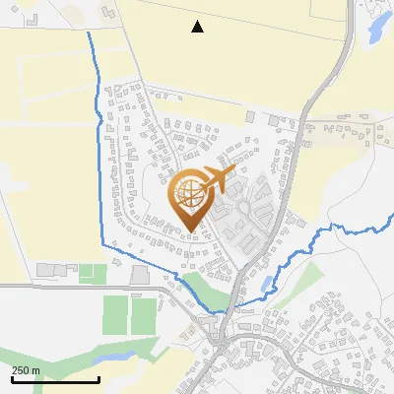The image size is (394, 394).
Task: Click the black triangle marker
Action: (x=198, y=27)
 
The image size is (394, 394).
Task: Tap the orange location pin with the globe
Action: (x=189, y=201)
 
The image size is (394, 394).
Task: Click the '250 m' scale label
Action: (x=26, y=370)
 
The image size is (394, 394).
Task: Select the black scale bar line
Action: (x=55, y=379)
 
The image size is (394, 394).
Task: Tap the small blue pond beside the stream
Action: (x=267, y=285)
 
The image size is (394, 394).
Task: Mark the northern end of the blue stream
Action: (x=89, y=33)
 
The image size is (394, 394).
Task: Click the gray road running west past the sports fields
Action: (x=59, y=287)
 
